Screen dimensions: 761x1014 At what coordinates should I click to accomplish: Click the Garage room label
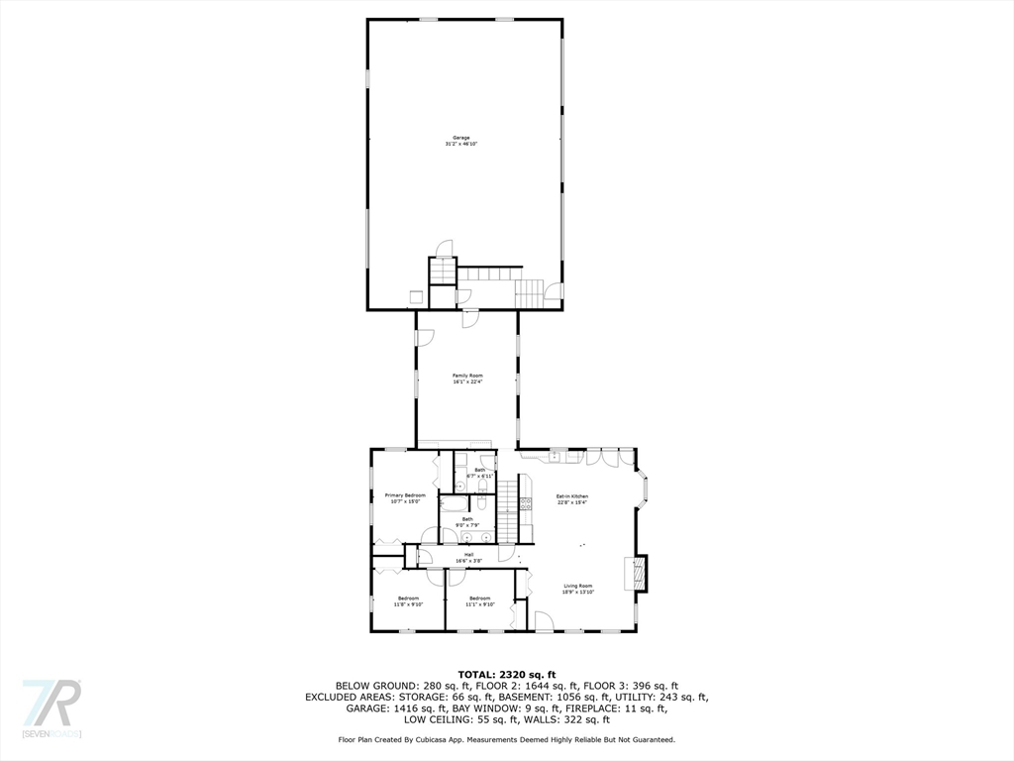tap(460, 138)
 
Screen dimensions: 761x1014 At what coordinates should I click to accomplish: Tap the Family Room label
tap(467, 376)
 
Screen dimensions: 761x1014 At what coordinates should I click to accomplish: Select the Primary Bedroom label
tap(405, 494)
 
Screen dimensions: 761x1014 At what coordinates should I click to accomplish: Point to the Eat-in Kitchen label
tap(571, 495)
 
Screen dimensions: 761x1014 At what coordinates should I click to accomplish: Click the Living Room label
tap(578, 586)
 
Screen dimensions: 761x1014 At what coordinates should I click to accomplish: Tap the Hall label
tap(468, 555)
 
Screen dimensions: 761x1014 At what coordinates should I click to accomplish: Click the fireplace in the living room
tap(639, 573)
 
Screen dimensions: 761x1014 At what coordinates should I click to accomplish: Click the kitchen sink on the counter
tap(557, 456)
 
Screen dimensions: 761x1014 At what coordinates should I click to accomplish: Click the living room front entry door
tap(544, 621)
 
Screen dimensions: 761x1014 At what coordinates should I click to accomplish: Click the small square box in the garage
tap(417, 295)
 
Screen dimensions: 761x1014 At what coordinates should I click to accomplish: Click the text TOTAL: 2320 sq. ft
tap(506, 674)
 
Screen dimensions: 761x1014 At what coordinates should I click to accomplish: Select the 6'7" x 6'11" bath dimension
tap(480, 476)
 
